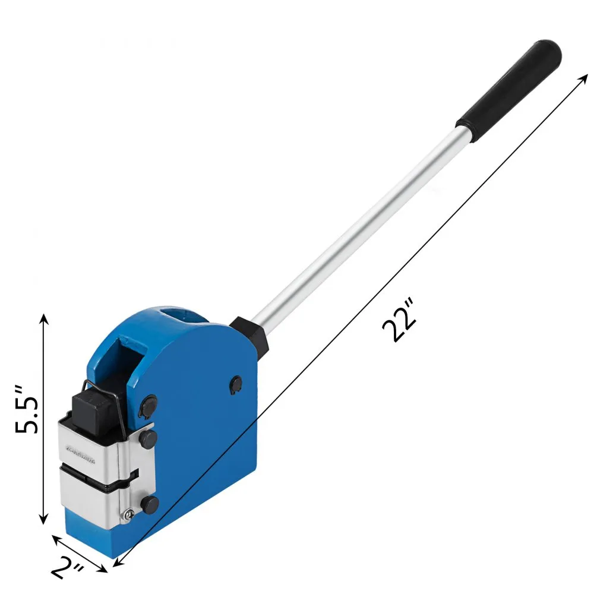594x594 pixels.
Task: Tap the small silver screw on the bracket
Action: click(x=127, y=515)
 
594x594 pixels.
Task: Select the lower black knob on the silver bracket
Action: click(x=150, y=505)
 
